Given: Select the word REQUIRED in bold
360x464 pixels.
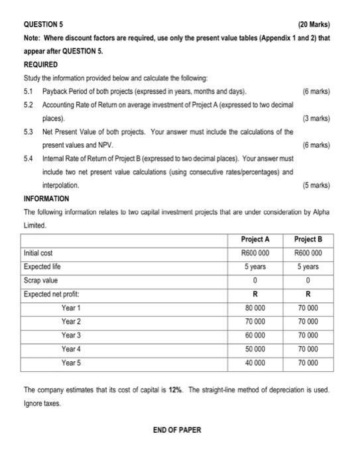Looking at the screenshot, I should pyautogui.click(x=40, y=65).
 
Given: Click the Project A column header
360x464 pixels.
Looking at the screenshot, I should pyautogui.click(x=255, y=239).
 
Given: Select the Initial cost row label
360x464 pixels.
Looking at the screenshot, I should pyautogui.click(x=38, y=253).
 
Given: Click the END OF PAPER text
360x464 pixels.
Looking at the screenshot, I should pyautogui.click(x=176, y=430).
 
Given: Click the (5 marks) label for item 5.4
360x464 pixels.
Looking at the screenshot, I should pyautogui.click(x=315, y=185).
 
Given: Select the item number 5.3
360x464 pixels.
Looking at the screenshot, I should pyautogui.click(x=29, y=132).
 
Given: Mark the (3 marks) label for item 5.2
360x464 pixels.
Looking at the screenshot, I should pyautogui.click(x=315, y=119).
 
